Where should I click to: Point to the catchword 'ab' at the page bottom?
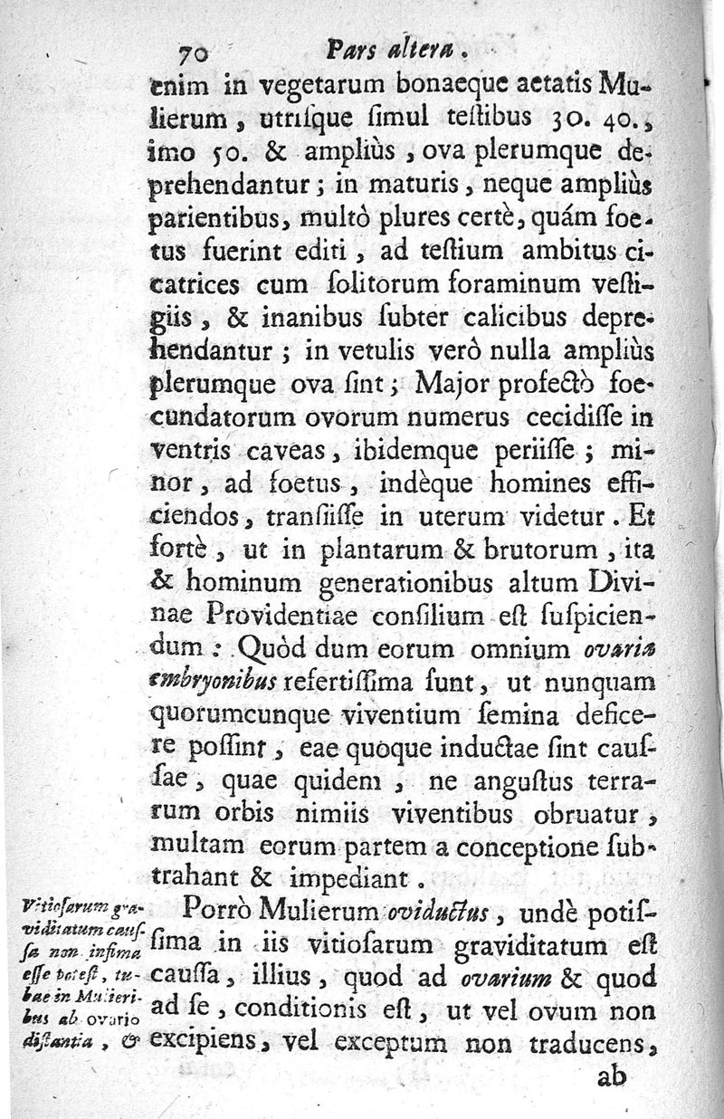tap(612, 1076)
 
